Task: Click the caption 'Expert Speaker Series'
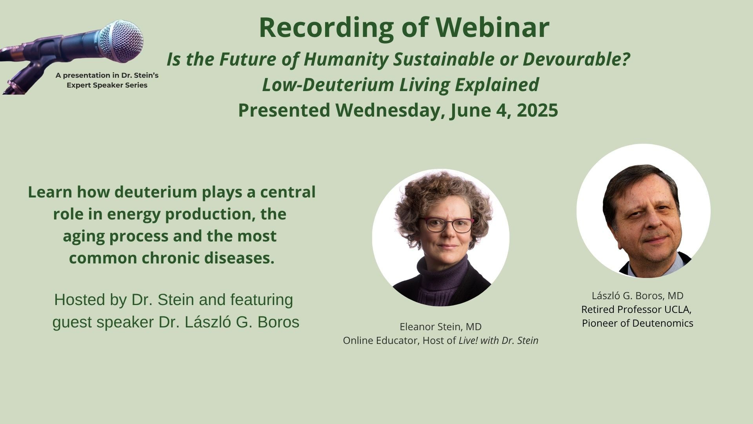click(x=107, y=85)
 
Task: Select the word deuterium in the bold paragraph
click(x=157, y=192)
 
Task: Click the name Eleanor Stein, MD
click(x=440, y=327)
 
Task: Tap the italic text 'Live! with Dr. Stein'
click(x=498, y=340)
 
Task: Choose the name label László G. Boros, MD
click(x=638, y=296)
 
